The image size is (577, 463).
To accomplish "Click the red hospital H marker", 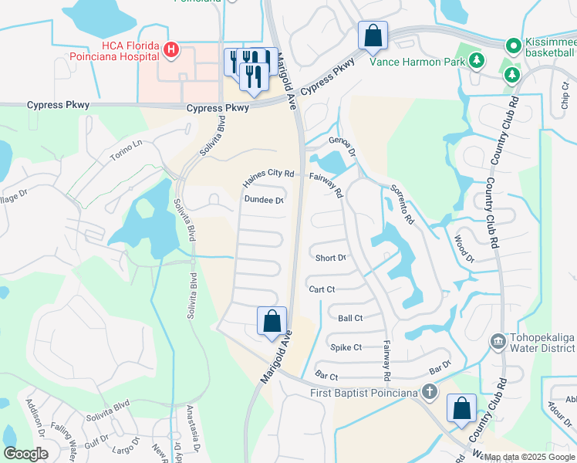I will (171, 52).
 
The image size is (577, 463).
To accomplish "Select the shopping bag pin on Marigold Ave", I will (272, 322).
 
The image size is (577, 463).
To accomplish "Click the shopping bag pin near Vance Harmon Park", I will (373, 35).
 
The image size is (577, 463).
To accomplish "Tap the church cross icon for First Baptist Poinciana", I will (430, 393).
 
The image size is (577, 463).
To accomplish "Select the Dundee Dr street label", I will (264, 200).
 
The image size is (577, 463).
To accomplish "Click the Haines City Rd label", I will (268, 178).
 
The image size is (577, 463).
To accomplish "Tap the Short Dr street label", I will (330, 258).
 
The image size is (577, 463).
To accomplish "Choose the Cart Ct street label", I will (322, 289).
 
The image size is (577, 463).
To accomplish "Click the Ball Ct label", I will (350, 318).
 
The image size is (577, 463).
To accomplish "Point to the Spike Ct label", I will (346, 347).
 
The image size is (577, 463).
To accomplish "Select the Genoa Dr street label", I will (342, 146).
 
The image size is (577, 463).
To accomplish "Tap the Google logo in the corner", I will (26, 454).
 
